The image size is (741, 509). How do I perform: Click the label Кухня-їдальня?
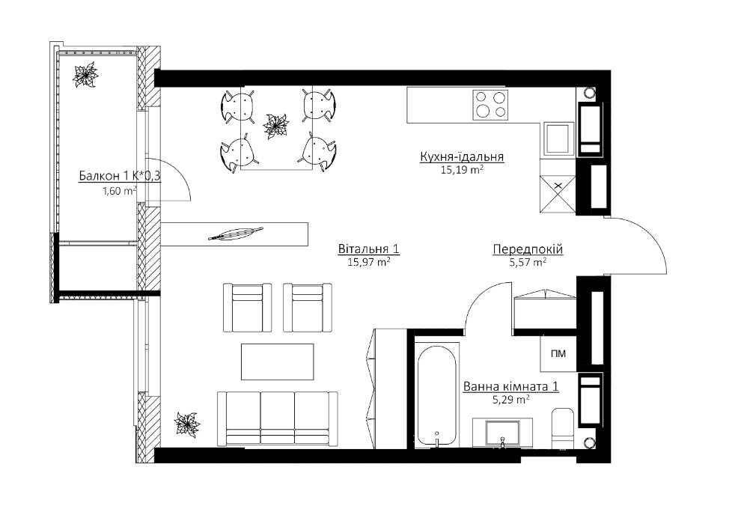462,156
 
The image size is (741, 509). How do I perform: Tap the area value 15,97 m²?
368,262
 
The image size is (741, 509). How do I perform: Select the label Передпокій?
528,249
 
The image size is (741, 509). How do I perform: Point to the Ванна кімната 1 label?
511,386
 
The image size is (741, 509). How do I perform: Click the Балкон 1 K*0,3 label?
120,176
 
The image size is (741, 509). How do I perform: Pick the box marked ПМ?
558,353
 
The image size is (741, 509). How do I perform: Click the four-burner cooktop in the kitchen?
490,105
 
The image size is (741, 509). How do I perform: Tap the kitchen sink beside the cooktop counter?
558,138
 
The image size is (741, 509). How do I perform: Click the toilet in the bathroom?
562,427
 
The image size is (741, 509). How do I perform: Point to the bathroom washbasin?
503,433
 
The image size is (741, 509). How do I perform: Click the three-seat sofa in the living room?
278,418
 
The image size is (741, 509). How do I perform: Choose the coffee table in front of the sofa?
278,362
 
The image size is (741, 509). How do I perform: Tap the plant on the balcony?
85,75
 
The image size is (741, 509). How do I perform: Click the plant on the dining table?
275,126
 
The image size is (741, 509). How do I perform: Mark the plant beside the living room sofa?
186,424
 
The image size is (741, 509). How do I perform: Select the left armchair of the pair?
247,308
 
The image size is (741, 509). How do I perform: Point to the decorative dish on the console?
235,234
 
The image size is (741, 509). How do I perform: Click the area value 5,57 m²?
528,262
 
